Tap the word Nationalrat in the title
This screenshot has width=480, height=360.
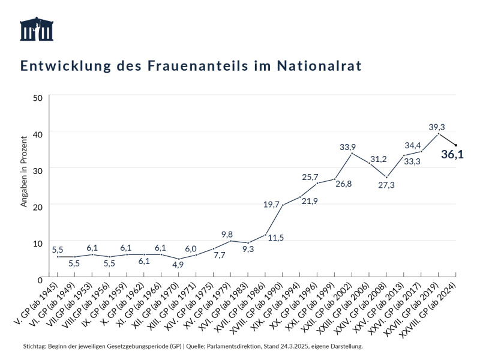[x=320, y=65]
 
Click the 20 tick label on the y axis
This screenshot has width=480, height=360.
[x=37, y=206]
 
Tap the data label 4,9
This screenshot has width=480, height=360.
[x=178, y=263]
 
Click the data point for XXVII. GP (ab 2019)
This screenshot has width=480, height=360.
[x=439, y=133]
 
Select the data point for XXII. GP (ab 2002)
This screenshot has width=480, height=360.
[x=352, y=153]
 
